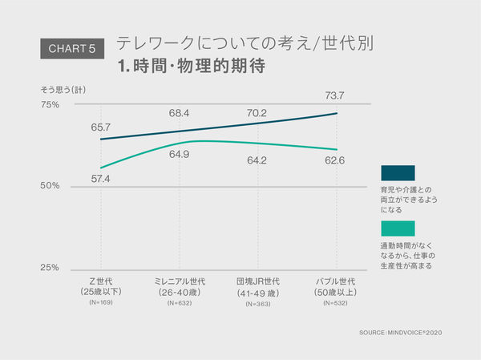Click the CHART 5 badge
pos(72,49)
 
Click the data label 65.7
pos(101,127)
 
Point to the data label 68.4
pos(179,114)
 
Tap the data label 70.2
pos(257,114)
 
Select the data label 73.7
pos(334,96)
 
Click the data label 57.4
pos(101,178)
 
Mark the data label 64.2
pos(257,160)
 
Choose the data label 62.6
pos(334,160)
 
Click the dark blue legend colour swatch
pos(398,173)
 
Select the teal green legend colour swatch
pos(398,228)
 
